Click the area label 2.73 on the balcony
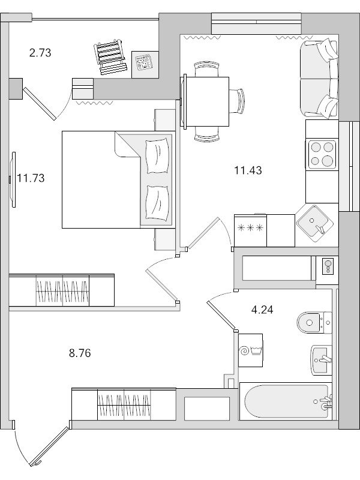40,53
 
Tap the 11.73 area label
31,178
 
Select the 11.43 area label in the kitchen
248,170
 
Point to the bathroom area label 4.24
262,310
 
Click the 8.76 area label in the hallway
80,353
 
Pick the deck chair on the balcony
112,58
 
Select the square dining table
208,101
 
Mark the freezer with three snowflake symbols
251,230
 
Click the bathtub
285,402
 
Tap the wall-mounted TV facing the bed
12,179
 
